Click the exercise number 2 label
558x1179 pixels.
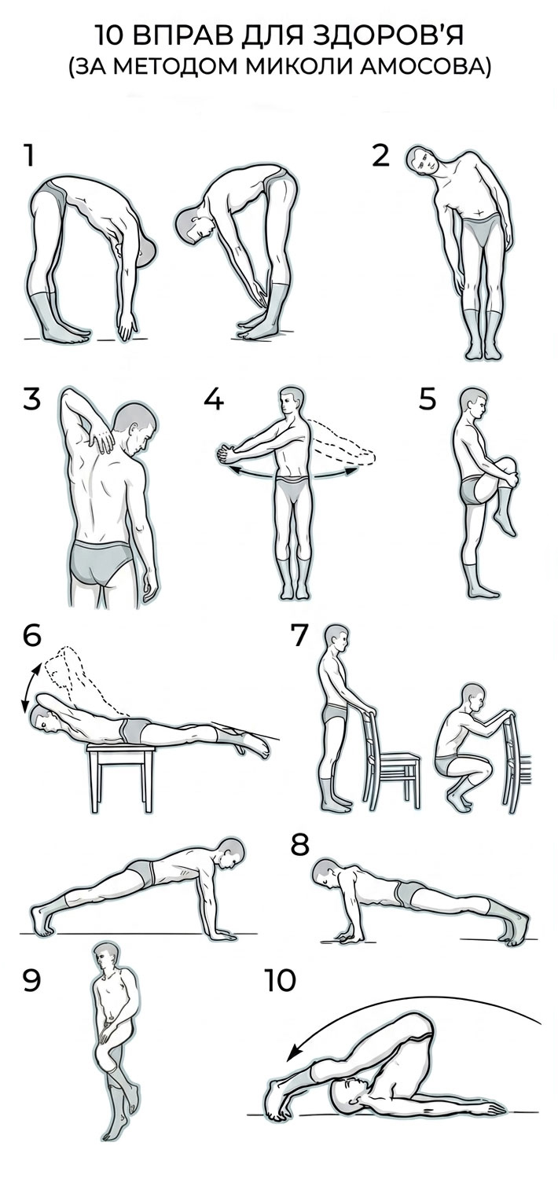pos(380,156)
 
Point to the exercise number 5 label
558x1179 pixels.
pos(428,399)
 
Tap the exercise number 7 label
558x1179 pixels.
pos(299,635)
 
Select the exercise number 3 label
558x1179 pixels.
pos(31,399)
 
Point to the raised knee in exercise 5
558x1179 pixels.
pos(507,466)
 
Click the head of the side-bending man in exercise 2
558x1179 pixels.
pos(424,160)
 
